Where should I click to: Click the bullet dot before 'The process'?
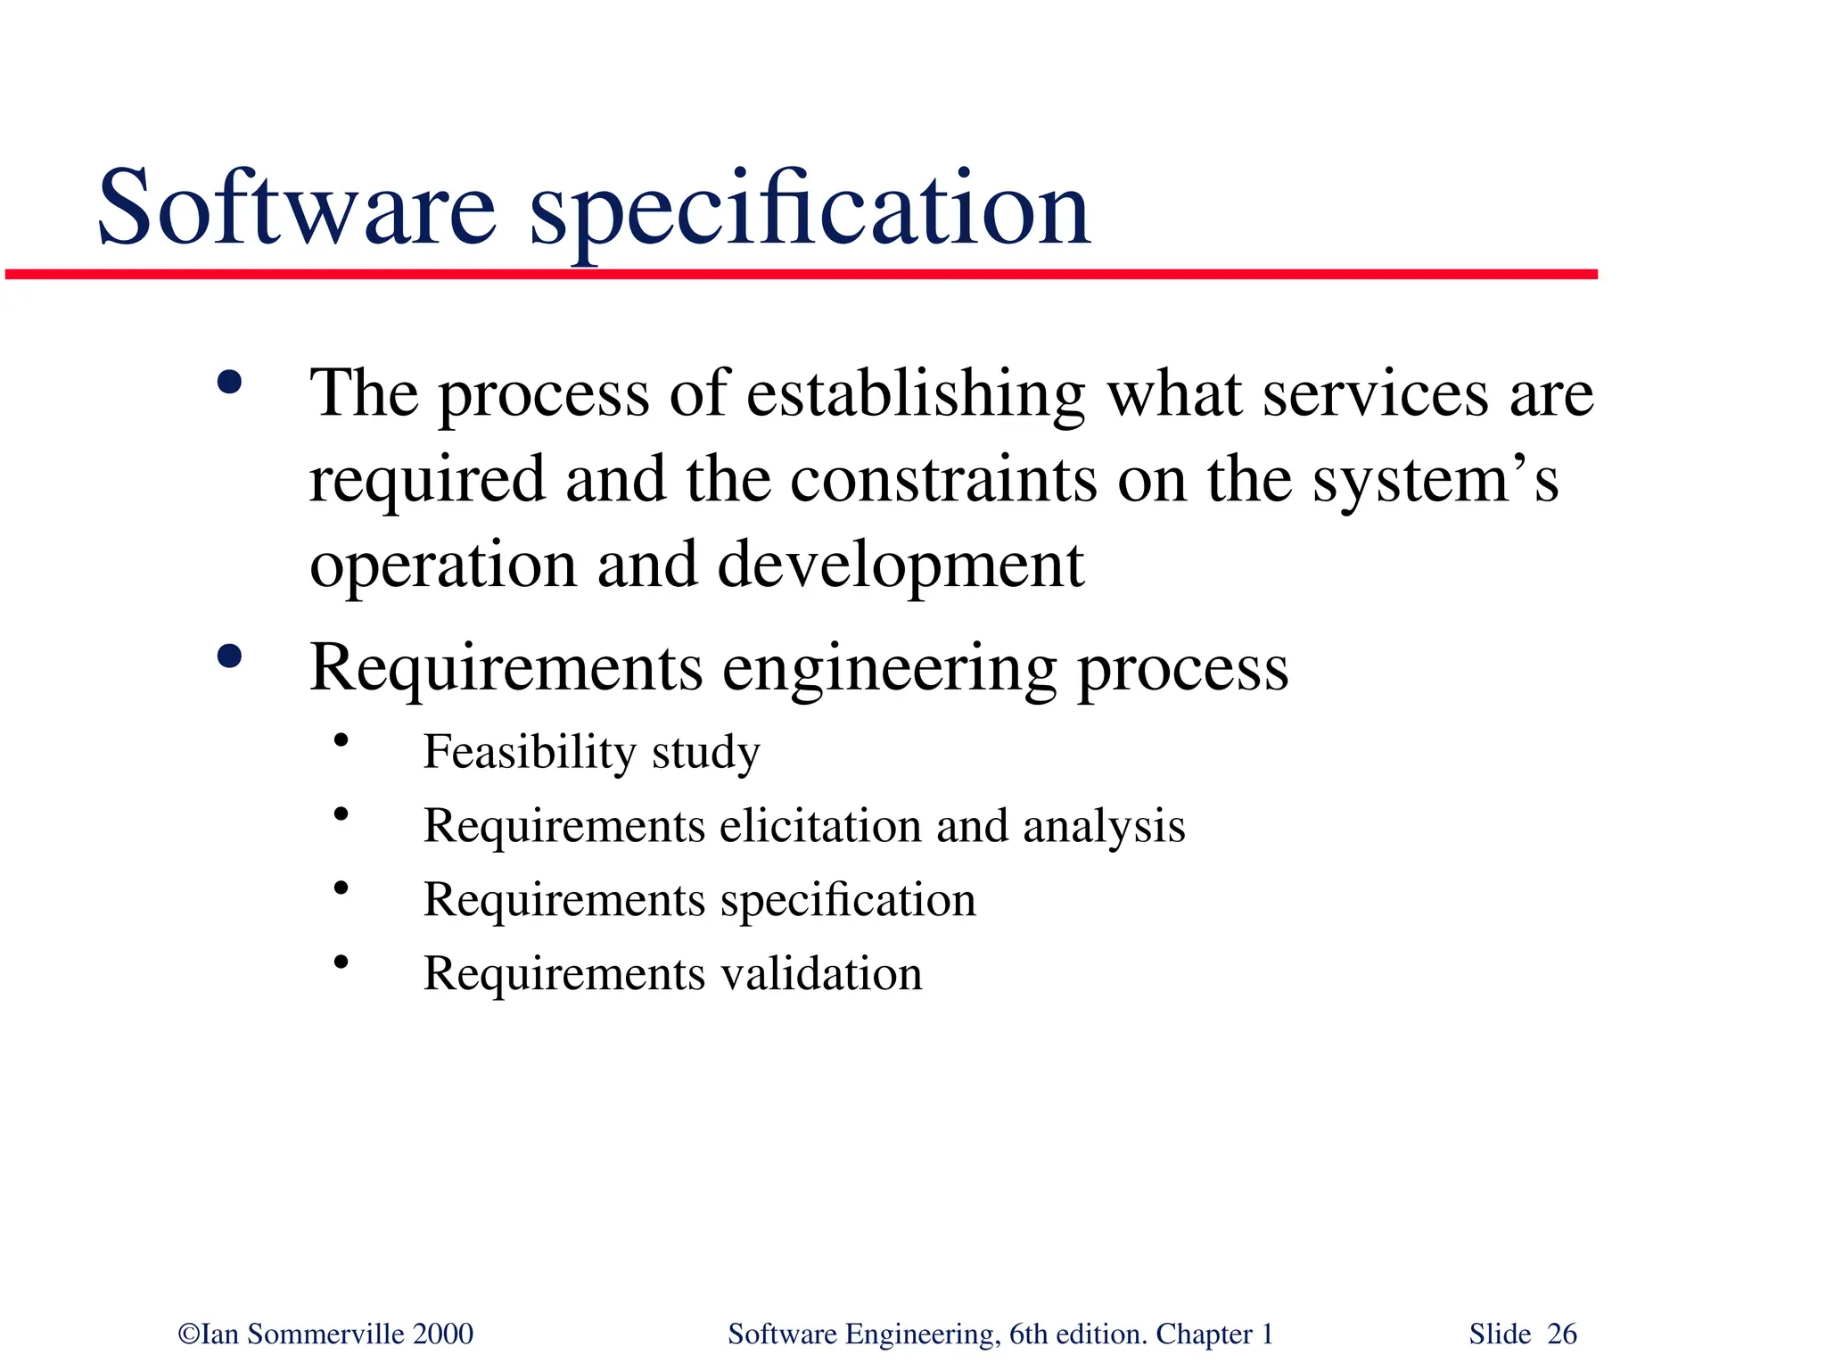click(229, 384)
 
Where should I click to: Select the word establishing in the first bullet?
click(916, 394)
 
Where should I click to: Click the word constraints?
click(943, 480)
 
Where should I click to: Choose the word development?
click(901, 566)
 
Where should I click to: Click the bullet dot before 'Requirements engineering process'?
click(229, 657)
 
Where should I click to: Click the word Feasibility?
click(528, 751)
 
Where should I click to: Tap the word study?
click(705, 753)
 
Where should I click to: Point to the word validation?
click(821, 973)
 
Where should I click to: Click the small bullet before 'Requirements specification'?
click(341, 888)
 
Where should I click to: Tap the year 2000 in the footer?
click(443, 1334)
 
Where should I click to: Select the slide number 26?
click(1562, 1334)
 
